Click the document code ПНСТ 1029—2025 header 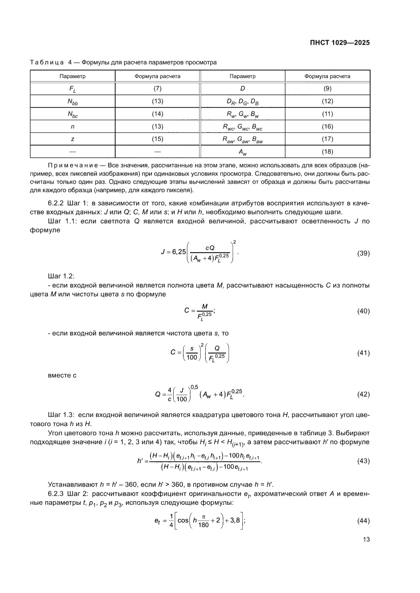340,43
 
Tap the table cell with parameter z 73,138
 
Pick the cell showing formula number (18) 327,151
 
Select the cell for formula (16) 327,126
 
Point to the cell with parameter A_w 243,151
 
